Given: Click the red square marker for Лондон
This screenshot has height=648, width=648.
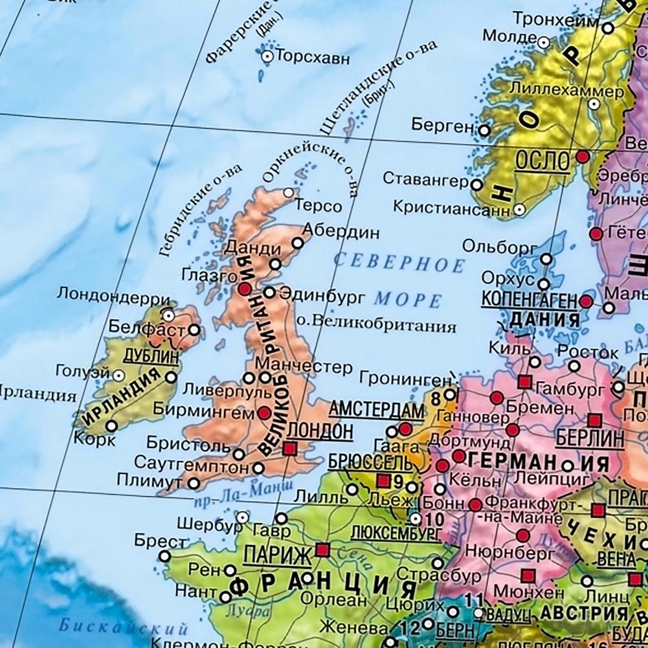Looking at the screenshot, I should [289, 447].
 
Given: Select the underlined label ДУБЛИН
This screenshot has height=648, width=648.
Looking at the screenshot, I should [151, 355].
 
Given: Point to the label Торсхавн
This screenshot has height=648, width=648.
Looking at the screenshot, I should [313, 57].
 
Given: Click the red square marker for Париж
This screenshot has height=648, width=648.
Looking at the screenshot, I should [322, 550].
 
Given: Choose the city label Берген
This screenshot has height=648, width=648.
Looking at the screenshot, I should [442, 126].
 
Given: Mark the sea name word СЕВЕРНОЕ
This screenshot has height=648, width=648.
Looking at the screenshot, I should [399, 262].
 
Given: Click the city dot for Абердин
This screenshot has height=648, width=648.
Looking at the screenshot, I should [297, 243].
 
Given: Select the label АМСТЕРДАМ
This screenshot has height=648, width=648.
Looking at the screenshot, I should [376, 410].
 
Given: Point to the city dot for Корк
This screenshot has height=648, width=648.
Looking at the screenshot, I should [112, 426].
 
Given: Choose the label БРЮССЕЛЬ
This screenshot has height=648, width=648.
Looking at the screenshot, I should [370, 462].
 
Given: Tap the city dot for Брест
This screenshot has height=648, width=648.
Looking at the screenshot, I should [165, 556].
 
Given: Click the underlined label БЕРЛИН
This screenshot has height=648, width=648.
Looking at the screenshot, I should [589, 439].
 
